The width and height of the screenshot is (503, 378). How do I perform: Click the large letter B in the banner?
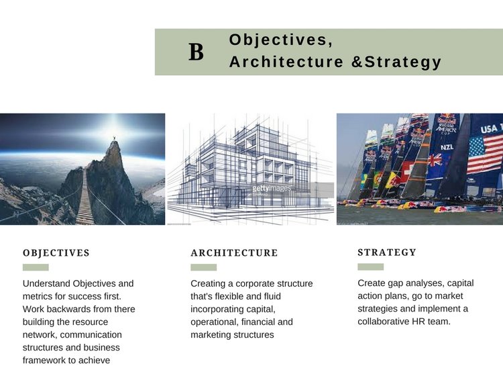pyautogui.click(x=196, y=52)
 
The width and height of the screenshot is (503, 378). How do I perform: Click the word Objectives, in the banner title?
pyautogui.click(x=281, y=40)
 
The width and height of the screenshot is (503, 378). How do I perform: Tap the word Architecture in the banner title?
pyautogui.click(x=286, y=62)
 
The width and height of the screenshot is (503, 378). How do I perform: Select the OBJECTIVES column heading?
pyautogui.click(x=56, y=253)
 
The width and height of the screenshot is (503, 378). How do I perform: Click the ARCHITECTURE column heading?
pyautogui.click(x=234, y=253)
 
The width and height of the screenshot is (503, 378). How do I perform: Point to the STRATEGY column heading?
pyautogui.click(x=387, y=252)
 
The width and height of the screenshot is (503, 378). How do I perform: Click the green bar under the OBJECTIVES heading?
pyautogui.click(x=36, y=267)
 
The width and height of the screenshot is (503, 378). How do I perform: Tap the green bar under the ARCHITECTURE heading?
pyautogui.click(x=204, y=267)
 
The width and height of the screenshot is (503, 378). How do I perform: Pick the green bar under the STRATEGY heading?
pyautogui.click(x=370, y=267)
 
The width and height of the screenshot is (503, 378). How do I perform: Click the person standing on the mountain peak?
pyautogui.click(x=114, y=138)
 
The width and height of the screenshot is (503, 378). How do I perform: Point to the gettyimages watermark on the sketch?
pyautogui.click(x=272, y=188)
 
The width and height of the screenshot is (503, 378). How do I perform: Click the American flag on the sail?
pyautogui.click(x=484, y=154)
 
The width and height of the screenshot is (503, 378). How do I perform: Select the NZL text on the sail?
pyautogui.click(x=447, y=147)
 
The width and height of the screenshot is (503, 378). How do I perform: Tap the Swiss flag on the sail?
pyautogui.click(x=407, y=169)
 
